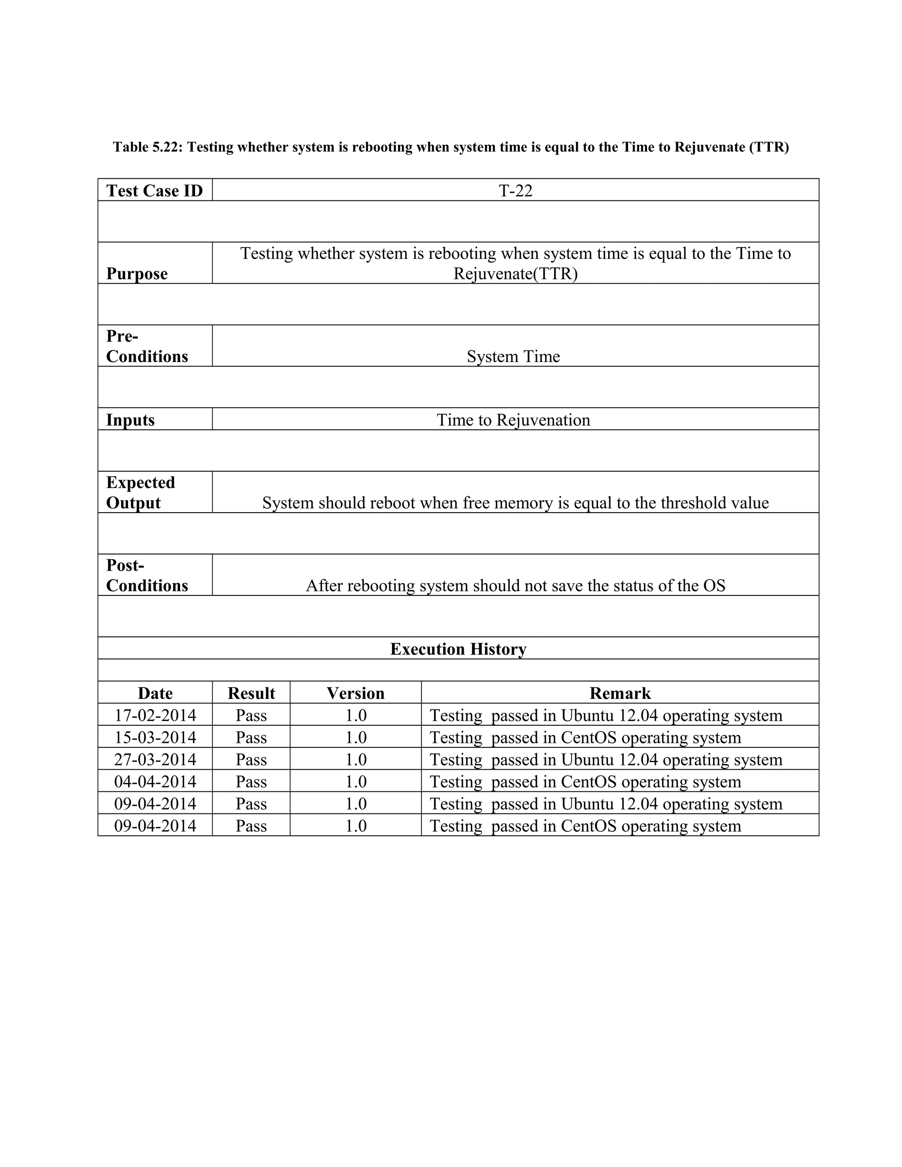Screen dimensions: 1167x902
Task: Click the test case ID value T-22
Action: (515, 191)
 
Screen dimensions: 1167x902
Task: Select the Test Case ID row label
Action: (155, 191)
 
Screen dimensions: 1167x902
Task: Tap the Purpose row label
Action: (137, 273)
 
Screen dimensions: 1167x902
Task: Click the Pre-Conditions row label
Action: (147, 346)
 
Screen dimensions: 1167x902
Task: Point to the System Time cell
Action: (513, 356)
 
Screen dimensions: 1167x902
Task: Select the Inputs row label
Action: (130, 420)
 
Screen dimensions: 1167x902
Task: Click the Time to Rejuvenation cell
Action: (513, 420)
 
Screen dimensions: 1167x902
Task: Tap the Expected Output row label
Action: (140, 493)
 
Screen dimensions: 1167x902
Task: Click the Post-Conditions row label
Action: (147, 576)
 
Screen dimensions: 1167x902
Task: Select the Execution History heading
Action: (458, 649)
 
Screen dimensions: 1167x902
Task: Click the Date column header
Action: (155, 694)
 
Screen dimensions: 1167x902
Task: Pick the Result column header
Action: (251, 694)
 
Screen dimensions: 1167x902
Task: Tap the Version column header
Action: (355, 694)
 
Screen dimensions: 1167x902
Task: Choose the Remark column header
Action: (620, 694)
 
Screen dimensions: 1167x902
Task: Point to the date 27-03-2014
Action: (155, 760)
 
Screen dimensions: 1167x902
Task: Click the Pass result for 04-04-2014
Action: (251, 782)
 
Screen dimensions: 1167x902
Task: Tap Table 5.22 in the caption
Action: (148, 147)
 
